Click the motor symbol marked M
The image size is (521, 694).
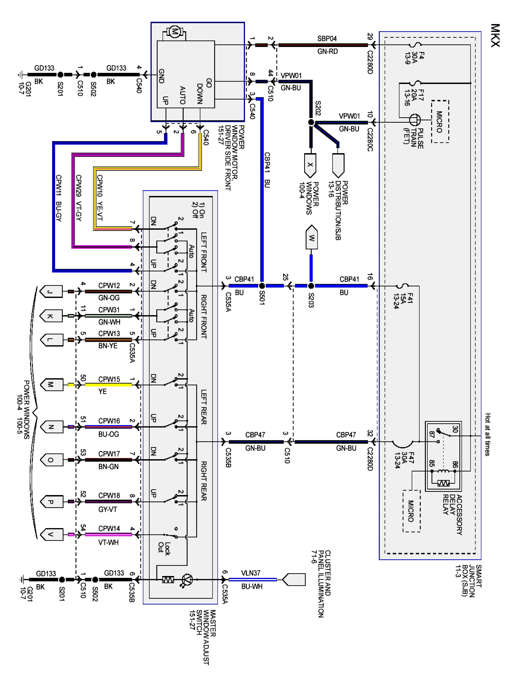tap(174, 32)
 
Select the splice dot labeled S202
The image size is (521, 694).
tap(311, 122)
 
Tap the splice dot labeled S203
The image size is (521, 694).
tap(311, 286)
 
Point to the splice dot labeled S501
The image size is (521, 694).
tap(262, 286)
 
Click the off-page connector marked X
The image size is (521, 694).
tap(310, 165)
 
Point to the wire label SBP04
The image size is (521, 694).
tap(327, 39)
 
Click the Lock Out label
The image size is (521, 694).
tap(164, 548)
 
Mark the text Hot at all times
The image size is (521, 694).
tap(487, 434)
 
